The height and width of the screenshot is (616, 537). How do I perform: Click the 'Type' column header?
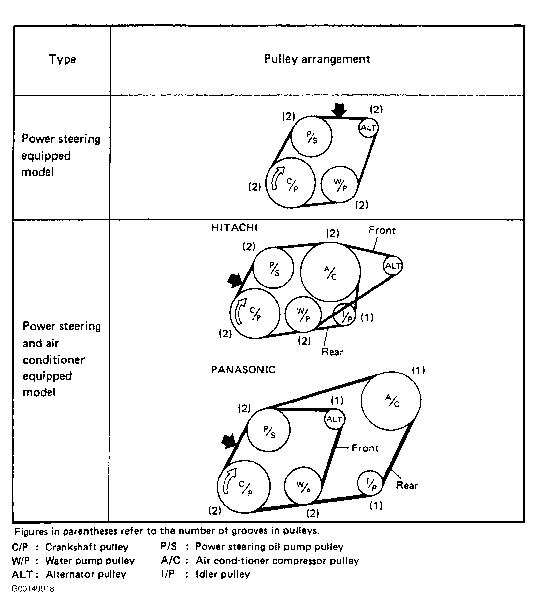[62, 59]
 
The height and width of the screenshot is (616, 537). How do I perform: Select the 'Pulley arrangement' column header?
[317, 59]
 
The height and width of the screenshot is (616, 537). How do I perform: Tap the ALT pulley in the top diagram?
[369, 127]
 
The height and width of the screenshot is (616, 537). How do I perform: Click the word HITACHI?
[234, 227]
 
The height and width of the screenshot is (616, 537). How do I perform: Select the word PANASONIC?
[243, 370]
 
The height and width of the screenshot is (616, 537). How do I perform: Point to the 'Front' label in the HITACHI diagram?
[382, 230]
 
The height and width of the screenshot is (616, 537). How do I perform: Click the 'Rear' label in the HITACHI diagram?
[332, 352]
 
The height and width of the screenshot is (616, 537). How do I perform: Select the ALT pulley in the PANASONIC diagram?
[334, 419]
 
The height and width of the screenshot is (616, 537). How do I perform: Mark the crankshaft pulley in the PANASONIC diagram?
[244, 487]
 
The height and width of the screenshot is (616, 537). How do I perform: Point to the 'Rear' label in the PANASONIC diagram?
[407, 486]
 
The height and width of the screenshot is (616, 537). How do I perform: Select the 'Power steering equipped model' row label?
[61, 155]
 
